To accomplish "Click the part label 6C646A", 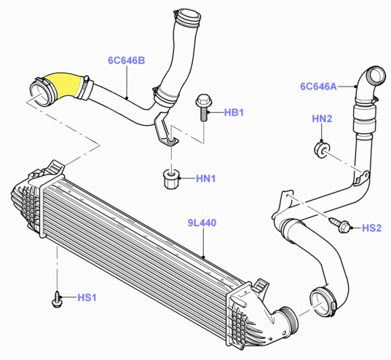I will click(318, 86).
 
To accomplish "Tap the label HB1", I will click(233, 112).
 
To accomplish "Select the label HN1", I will click(208, 177).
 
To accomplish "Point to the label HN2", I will click(322, 119).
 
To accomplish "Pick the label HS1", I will click(88, 297).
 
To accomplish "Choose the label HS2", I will click(371, 228).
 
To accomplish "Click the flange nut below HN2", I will click(319, 149).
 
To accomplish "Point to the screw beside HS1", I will click(58, 297).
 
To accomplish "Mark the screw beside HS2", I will click(339, 225).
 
